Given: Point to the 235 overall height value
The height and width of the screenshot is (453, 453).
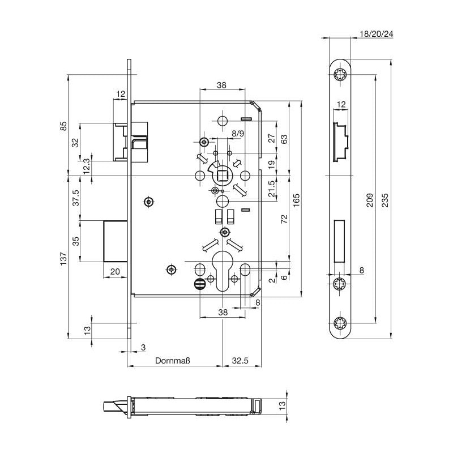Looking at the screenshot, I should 385,198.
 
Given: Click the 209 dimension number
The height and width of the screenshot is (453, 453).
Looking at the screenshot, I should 369,198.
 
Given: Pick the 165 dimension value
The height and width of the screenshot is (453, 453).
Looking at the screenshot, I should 296,199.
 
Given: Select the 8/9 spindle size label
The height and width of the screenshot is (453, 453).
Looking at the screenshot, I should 238,133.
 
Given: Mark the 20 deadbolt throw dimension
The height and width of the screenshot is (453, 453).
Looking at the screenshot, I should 114,272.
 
